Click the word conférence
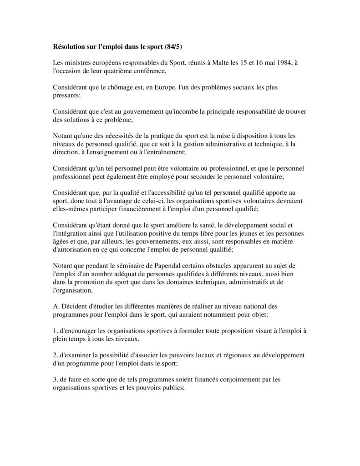click(x=150, y=71)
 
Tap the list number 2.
click(x=55, y=354)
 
